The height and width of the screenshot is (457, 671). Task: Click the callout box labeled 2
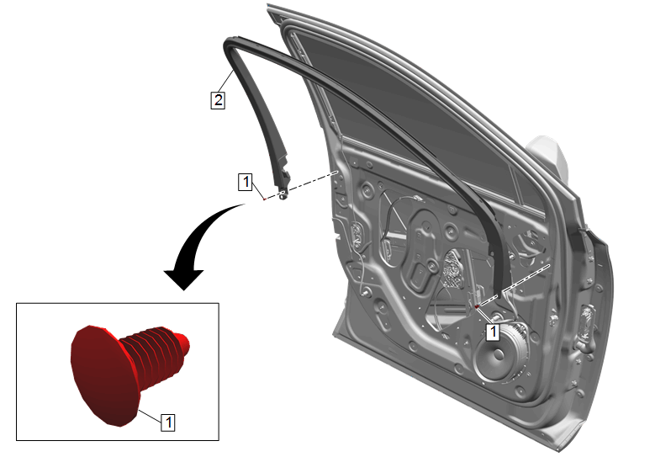point(218,100)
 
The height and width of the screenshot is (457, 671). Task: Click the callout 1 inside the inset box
point(168,422)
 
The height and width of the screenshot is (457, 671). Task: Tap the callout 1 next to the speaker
point(493,332)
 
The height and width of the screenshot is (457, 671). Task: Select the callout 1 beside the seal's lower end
point(246,182)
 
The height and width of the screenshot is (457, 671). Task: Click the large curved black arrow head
point(184,279)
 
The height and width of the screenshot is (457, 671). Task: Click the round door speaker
point(501,354)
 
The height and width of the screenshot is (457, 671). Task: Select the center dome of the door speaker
point(499,355)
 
